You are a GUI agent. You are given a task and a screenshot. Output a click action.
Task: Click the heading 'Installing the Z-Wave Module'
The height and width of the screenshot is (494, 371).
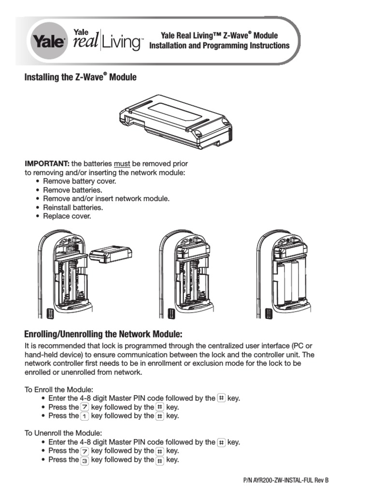[80, 77]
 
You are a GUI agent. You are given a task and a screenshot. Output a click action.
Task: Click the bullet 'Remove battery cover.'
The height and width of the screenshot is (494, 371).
[79, 181]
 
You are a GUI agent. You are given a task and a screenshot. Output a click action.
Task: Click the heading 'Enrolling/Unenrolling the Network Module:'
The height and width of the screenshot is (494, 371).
[103, 334]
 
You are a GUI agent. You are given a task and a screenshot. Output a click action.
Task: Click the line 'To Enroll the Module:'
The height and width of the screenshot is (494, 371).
[58, 389]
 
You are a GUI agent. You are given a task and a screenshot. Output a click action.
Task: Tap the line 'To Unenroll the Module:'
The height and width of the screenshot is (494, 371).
[63, 433]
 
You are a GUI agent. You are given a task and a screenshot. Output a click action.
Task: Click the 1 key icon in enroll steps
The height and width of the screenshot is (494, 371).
[85, 416]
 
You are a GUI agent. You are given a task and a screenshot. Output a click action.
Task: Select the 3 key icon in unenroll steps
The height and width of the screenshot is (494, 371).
[85, 460]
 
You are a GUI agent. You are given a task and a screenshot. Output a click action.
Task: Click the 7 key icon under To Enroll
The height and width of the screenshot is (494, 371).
[85, 407]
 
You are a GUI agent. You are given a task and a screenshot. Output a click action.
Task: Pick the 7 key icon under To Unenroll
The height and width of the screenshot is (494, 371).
[85, 451]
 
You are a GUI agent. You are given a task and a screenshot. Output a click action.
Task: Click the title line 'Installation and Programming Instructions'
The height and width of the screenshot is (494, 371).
[219, 46]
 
